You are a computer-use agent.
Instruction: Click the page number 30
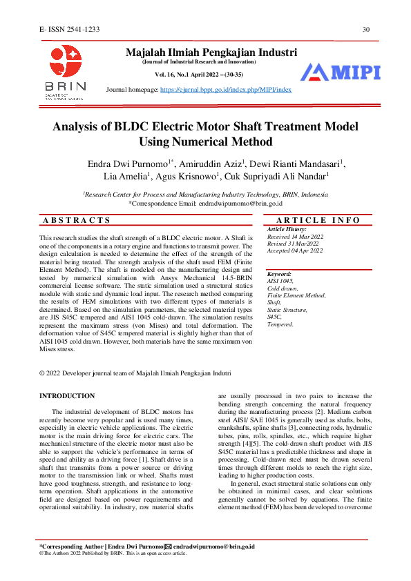(366, 29)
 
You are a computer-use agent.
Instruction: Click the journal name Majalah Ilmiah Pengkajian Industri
(211, 52)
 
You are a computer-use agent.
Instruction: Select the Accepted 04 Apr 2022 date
(294, 250)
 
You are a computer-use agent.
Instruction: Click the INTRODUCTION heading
(67, 395)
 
